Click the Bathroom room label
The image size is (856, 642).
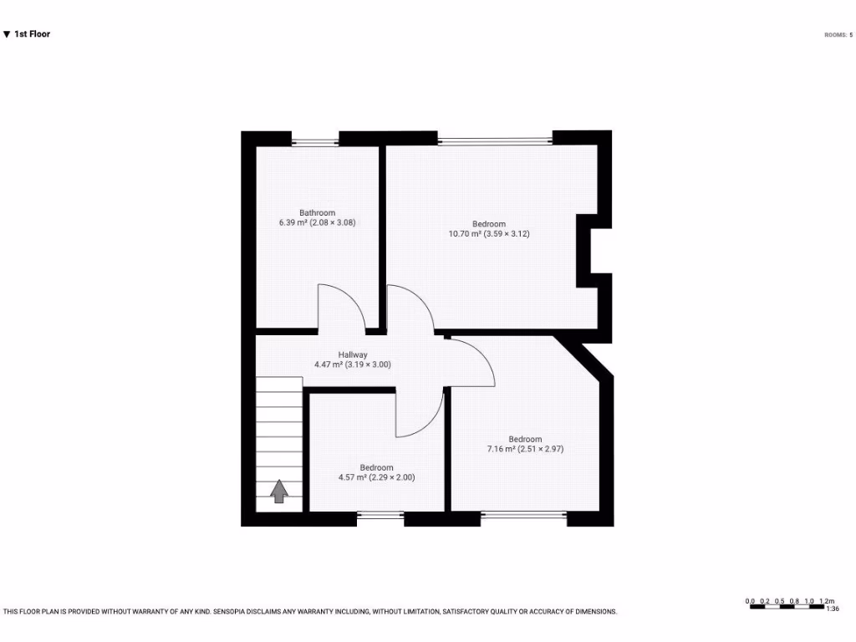(x=318, y=212)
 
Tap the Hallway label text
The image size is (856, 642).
(x=353, y=354)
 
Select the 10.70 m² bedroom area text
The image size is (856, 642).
(x=489, y=234)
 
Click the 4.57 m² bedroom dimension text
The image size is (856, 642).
(x=376, y=478)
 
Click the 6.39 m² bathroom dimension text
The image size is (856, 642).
(x=318, y=223)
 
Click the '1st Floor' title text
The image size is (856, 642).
(x=32, y=34)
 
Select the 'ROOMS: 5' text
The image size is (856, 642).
(x=838, y=35)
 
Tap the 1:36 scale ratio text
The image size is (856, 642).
(x=832, y=609)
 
